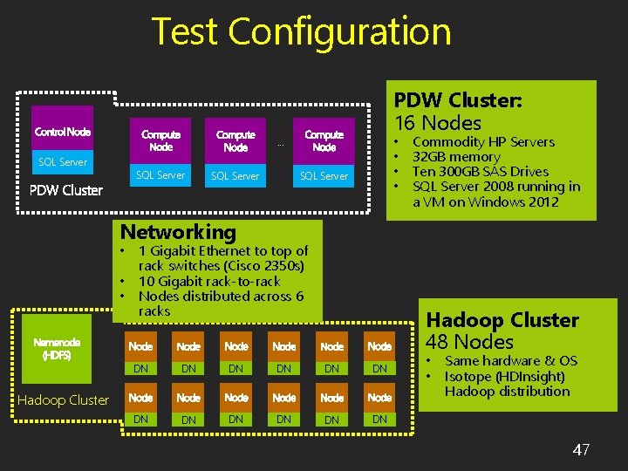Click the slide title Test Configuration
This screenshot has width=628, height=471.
click(x=301, y=32)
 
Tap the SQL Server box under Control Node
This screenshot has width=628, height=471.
click(x=63, y=162)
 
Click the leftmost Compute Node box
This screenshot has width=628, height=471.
click(x=161, y=141)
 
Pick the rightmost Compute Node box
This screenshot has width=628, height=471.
click(x=324, y=141)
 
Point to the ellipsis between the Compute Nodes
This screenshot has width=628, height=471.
click(x=280, y=144)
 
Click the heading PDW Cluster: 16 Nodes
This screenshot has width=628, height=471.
click(x=458, y=112)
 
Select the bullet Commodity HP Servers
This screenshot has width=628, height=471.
click(x=483, y=142)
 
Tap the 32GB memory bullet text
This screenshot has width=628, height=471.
click(x=456, y=157)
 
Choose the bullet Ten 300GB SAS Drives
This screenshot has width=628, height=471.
click(x=481, y=172)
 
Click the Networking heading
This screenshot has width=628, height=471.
click(x=178, y=232)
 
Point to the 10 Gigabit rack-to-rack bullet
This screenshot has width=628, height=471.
click(x=209, y=281)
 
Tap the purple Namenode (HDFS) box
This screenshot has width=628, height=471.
click(x=58, y=349)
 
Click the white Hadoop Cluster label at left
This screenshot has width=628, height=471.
click(x=64, y=400)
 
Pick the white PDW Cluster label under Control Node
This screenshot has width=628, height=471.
click(x=66, y=190)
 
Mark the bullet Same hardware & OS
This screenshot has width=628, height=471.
click(x=511, y=361)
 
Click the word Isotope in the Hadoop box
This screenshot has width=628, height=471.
click(x=468, y=377)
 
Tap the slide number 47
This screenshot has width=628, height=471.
click(x=581, y=450)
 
